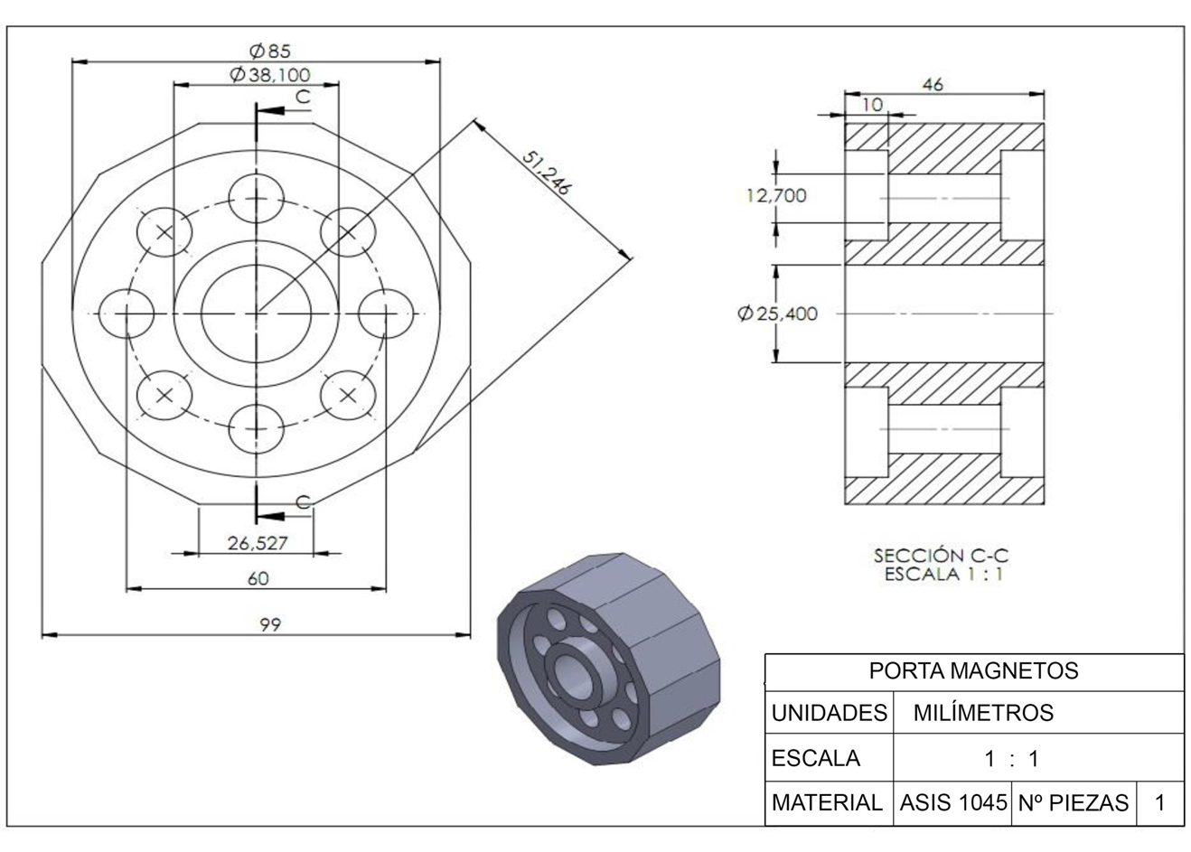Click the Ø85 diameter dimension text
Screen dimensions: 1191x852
(270, 51)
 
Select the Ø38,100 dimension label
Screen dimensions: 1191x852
(270, 75)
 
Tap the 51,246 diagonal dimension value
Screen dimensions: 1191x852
(547, 173)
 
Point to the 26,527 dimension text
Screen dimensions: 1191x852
(258, 543)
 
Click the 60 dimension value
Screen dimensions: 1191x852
(258, 578)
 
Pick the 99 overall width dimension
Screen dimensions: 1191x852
(270, 624)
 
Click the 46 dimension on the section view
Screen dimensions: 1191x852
(933, 85)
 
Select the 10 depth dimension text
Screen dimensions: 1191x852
(872, 105)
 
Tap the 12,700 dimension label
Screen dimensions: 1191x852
(776, 196)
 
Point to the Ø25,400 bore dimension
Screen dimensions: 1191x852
(777, 314)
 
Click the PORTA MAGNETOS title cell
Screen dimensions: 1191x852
(974, 670)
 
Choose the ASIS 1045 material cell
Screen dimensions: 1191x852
(952, 802)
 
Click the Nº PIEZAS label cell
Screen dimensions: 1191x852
(1074, 802)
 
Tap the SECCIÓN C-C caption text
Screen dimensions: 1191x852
(941, 556)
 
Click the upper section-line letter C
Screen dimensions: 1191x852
(303, 97)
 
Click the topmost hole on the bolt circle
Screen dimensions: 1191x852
(257, 199)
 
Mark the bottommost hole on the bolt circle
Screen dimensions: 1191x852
(257, 429)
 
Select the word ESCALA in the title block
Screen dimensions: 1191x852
(816, 758)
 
